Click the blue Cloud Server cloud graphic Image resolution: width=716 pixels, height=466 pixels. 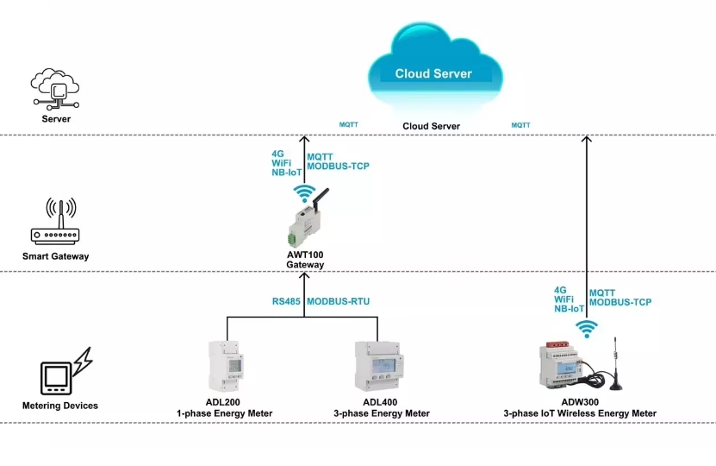pos(433,69)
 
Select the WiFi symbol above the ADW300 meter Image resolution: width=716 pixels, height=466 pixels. pos(587,328)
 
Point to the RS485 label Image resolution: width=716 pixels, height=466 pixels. pos(286,302)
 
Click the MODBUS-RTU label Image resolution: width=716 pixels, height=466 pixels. pos(339,302)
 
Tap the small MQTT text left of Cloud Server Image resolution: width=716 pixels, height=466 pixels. pos(348,125)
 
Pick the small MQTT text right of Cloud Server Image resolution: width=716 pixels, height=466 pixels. pos(520,125)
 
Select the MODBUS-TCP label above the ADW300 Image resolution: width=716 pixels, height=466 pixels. pos(620,303)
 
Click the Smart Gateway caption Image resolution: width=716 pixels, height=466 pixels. pos(55,256)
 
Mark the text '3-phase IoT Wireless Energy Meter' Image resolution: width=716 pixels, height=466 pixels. pos(580,414)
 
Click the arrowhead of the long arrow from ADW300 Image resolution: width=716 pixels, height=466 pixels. pos(587,139)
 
